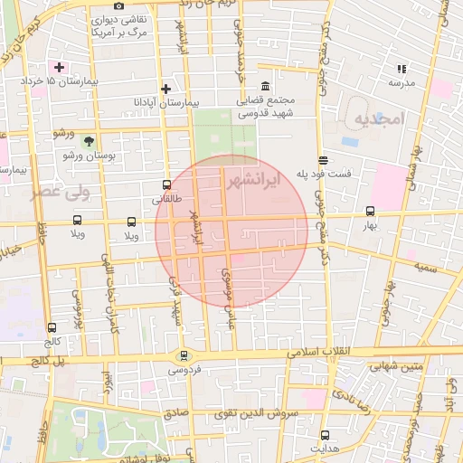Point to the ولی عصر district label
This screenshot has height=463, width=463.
click(x=33, y=191)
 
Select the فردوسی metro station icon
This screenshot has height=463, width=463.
click(x=184, y=355)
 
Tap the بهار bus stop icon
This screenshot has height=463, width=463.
click(x=369, y=212)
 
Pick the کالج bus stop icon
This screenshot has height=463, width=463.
click(x=52, y=328)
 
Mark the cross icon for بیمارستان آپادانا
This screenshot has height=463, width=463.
click(x=165, y=89)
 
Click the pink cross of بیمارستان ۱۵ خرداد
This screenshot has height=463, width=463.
click(x=60, y=67)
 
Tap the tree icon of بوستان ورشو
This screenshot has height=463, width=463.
click(x=89, y=141)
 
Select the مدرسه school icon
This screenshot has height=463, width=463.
click(x=402, y=68)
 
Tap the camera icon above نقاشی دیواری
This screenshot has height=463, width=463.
click(x=119, y=6)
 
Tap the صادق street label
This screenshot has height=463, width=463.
click(x=176, y=412)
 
